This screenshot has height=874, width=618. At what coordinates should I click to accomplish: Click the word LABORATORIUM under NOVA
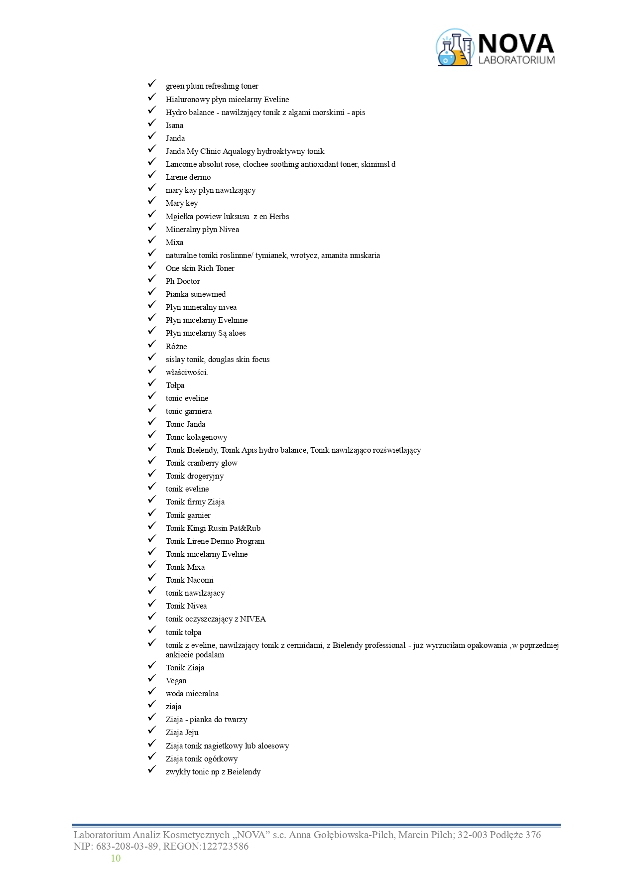coord(516,60)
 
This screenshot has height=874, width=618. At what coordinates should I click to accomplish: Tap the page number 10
coord(116,858)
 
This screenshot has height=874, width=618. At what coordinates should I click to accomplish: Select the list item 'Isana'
coord(174,125)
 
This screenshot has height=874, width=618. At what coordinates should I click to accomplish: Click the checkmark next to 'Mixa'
coord(152,241)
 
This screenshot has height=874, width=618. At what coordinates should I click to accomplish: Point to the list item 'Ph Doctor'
coord(183,281)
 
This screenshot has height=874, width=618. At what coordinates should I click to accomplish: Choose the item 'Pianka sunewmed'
coord(196,294)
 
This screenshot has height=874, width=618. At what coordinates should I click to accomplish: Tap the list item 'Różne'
coord(176,347)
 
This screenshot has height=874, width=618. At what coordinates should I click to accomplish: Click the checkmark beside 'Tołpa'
coord(152,384)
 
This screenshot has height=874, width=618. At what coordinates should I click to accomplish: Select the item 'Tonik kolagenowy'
coord(196,437)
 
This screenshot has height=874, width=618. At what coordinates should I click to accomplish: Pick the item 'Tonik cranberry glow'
coord(202,463)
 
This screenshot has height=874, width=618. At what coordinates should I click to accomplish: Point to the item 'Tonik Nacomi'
coord(189,580)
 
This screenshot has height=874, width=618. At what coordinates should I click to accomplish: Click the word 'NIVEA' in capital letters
coord(252,619)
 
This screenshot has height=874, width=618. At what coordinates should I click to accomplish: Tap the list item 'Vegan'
coord(176,681)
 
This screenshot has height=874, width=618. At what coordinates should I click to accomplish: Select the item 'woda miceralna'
coord(192,694)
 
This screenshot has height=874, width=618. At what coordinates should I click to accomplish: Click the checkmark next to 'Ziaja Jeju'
coord(152,731)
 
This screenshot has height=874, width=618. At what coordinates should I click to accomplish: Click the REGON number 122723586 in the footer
coord(225,846)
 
